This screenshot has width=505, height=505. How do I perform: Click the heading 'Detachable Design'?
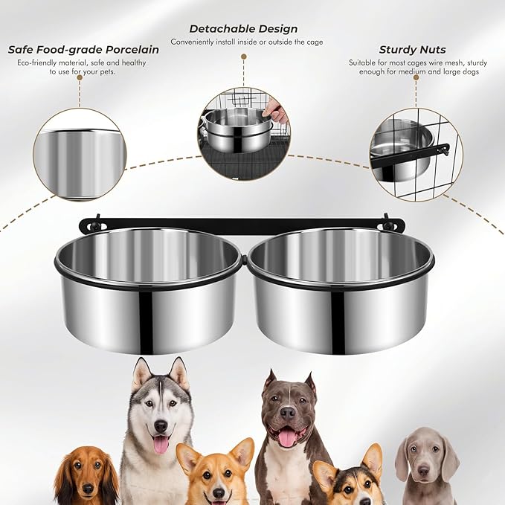[x=243, y=29]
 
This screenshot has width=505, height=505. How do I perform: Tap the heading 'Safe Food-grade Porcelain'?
[x=83, y=50]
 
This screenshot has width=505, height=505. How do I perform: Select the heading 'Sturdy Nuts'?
[x=412, y=50]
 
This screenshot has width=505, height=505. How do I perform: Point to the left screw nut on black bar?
[x=95, y=222]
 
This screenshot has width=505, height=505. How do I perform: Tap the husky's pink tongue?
[x=160, y=445]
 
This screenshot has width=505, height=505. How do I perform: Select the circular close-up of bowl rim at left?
[x=80, y=154]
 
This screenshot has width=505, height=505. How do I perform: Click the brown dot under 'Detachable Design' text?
[x=243, y=57]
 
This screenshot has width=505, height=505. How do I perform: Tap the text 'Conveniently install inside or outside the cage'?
[x=246, y=42]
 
